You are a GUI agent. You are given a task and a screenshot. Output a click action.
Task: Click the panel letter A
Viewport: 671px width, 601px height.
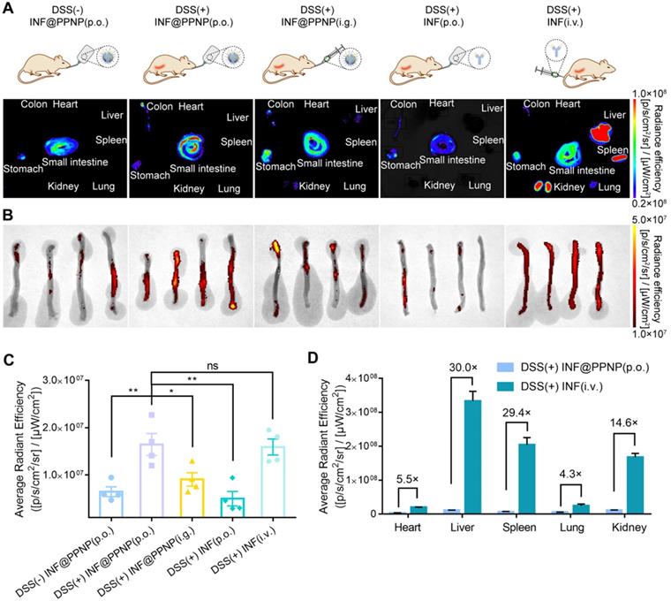coord(8,8)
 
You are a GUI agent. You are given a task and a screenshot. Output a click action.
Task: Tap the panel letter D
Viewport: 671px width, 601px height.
coord(313,358)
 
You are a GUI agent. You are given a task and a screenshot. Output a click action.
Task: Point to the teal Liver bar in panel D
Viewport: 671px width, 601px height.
coord(472,457)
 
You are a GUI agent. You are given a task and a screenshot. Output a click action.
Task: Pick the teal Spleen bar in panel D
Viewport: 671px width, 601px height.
coord(527,478)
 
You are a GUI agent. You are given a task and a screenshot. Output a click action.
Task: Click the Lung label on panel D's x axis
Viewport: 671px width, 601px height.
coord(572,527)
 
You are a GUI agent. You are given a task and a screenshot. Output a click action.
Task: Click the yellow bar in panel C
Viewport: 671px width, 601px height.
coord(192,498)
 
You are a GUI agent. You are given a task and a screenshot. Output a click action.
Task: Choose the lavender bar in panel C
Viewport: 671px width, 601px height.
coord(152,481)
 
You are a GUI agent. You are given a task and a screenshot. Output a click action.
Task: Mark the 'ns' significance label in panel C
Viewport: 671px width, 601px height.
coord(212,366)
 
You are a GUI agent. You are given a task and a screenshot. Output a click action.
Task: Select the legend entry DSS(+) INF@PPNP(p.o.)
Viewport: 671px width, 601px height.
coord(573,367)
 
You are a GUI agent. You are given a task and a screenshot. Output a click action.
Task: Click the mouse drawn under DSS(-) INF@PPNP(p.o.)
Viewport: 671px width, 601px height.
coord(43,69)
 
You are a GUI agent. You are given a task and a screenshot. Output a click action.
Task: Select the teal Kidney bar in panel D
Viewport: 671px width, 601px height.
coord(635,485)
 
